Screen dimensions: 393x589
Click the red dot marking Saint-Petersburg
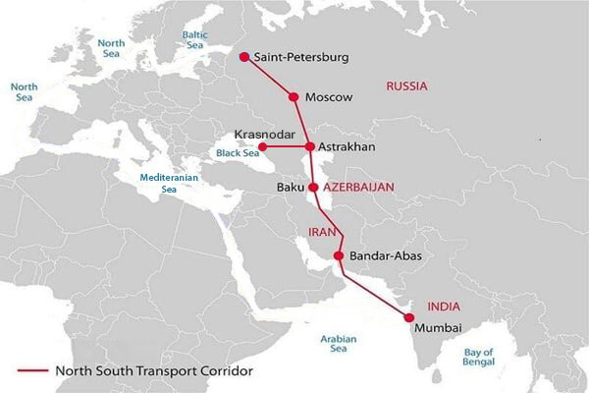(244, 57)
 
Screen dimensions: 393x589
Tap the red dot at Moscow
(293, 96)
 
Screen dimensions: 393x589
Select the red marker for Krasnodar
(262, 147)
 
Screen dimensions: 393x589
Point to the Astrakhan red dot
(310, 147)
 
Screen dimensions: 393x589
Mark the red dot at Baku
(312, 187)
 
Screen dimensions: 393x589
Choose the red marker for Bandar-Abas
(339, 256)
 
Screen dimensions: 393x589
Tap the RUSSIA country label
(407, 86)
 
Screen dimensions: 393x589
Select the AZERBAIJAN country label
(359, 186)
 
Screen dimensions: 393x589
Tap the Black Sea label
(236, 152)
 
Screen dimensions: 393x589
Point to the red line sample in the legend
(33, 371)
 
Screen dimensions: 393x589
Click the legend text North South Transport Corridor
(154, 371)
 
